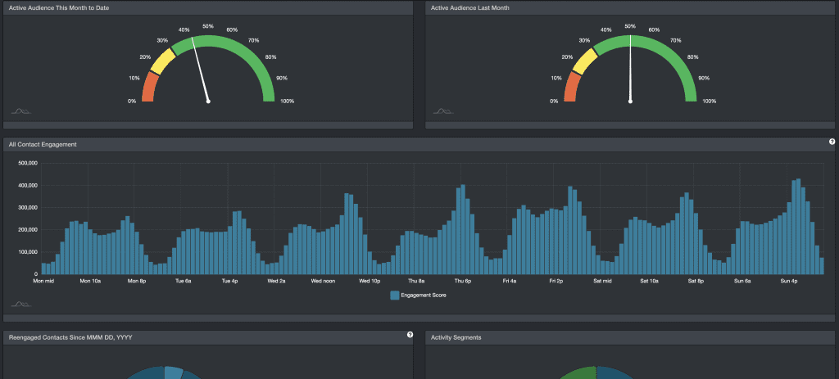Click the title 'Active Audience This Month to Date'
click(x=58, y=7)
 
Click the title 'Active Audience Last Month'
click(x=472, y=7)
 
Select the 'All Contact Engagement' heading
click(x=43, y=144)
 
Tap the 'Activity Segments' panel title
click(x=456, y=336)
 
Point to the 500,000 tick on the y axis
click(x=28, y=163)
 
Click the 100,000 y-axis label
click(x=28, y=252)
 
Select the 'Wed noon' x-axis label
click(x=324, y=281)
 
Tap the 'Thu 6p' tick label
click(x=463, y=281)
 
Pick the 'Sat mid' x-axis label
click(x=602, y=281)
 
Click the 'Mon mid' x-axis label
click(x=43, y=281)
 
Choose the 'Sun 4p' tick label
click(x=789, y=281)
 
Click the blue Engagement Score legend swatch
click(x=395, y=295)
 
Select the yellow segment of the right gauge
click(x=583, y=61)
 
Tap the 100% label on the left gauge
click(x=287, y=102)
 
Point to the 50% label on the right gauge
click(x=630, y=26)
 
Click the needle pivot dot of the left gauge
click(x=208, y=102)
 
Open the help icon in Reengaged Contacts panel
click(x=410, y=334)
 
